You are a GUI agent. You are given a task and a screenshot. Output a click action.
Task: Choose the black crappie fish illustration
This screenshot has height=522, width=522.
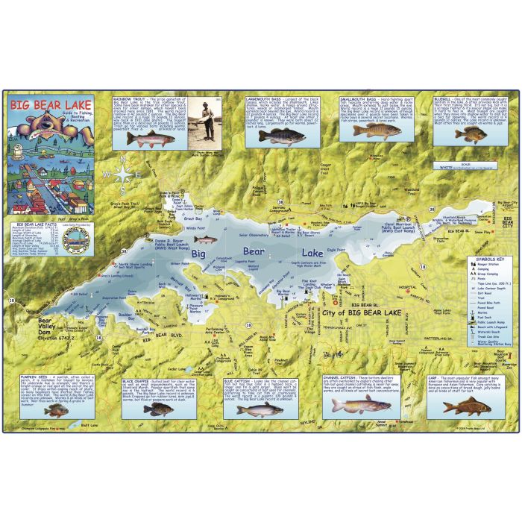click(x=157, y=409)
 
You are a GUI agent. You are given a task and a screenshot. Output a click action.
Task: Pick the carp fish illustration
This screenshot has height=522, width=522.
click(x=466, y=406)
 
